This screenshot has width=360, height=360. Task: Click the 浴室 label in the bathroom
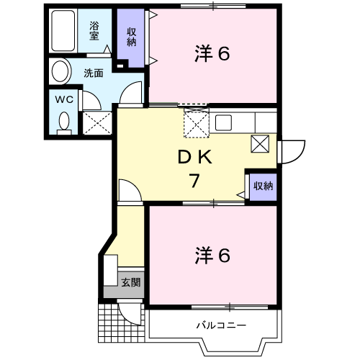click(94, 31)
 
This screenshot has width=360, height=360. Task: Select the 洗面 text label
click(93, 73)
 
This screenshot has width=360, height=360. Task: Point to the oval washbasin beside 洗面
click(60, 72)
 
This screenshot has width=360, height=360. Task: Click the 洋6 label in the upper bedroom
click(212, 54)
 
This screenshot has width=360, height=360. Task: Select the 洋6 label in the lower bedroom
click(212, 255)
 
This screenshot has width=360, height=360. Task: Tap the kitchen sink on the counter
click(222, 122)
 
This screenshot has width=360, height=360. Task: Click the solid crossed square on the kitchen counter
click(260, 143)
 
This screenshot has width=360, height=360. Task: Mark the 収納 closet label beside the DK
click(263, 186)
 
